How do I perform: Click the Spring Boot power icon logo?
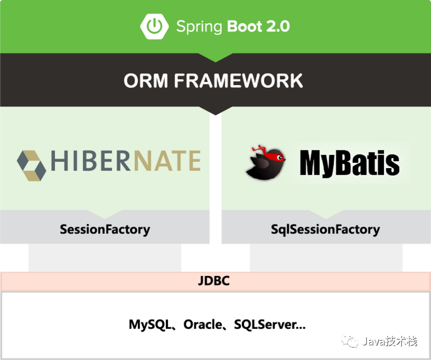[154, 26]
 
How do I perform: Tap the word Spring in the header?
[199, 26]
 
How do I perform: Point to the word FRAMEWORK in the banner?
[238, 81]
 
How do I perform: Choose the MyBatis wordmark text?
[350, 163]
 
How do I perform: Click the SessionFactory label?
[105, 229]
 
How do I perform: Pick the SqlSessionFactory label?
[325, 229]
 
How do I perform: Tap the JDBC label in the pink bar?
[214, 281]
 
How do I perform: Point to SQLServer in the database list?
[265, 324]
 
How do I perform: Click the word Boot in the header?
[245, 26]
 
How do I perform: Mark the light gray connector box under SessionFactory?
[105, 258]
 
